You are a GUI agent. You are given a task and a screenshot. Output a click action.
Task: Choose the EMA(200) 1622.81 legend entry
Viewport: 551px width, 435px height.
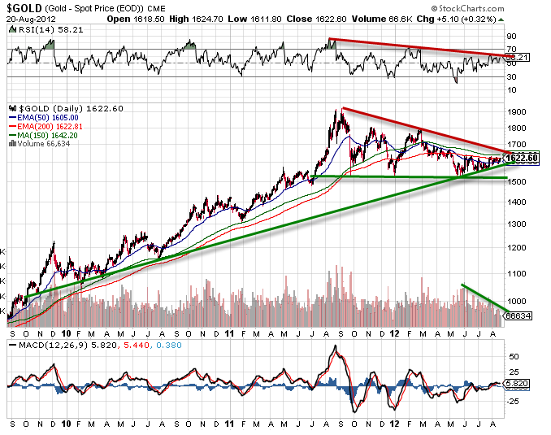[46, 126]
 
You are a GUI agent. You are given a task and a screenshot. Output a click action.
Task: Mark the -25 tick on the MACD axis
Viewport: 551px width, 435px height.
[513, 400]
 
